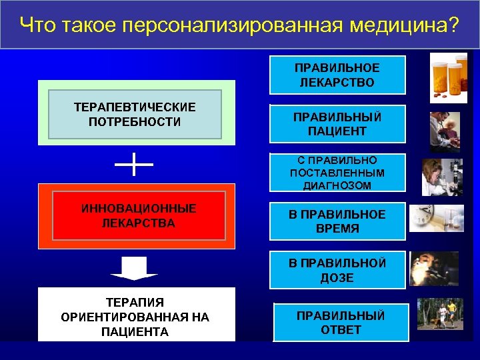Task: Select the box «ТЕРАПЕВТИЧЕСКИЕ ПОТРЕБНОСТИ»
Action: pyautogui.click(x=135, y=114)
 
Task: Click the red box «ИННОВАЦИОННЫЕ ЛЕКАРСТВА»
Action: pyautogui.click(x=135, y=215)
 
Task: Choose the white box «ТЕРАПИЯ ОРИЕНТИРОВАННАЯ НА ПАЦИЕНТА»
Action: pyautogui.click(x=135, y=316)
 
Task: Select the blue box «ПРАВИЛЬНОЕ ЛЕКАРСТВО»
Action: pyautogui.click(x=337, y=75)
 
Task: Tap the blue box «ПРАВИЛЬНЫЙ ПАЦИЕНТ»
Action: pyautogui.click(x=337, y=124)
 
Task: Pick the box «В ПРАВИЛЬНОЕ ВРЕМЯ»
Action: pyautogui.click(x=337, y=221)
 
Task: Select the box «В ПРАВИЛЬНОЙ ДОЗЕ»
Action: pyautogui.click(x=337, y=270)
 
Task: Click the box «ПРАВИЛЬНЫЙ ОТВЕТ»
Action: pyautogui.click(x=341, y=322)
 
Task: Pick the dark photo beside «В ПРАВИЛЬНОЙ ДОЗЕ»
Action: pyautogui.click(x=434, y=268)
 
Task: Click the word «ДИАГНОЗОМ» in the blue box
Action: pyautogui.click(x=337, y=186)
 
